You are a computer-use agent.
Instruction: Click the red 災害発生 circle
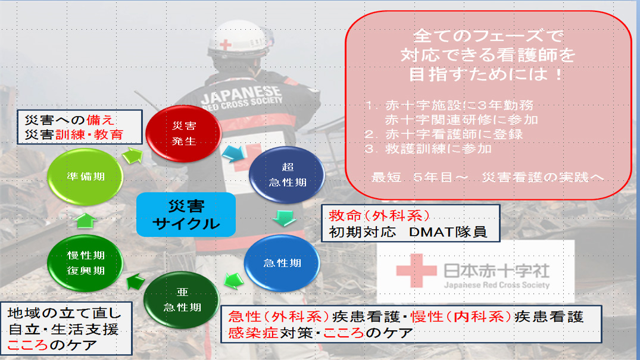click(184, 133)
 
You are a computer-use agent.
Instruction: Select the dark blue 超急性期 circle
click(287, 175)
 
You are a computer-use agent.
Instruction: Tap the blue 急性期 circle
click(282, 263)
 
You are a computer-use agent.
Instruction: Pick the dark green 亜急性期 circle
click(182, 299)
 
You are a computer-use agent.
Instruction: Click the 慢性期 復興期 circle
click(85, 263)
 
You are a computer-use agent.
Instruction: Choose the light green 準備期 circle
click(85, 176)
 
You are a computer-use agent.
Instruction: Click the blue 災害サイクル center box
click(186, 215)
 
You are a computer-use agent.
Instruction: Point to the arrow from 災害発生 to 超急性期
click(234, 154)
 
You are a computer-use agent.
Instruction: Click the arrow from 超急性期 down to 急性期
click(284, 218)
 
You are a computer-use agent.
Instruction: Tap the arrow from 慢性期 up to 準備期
click(86, 221)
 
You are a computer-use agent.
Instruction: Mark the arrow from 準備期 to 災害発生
click(133, 155)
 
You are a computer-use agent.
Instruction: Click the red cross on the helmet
click(225, 45)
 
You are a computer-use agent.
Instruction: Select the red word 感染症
click(254, 333)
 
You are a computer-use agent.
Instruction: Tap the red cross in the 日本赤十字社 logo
click(416, 270)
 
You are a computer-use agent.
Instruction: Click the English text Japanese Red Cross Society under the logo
click(497, 285)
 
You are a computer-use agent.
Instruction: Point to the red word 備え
click(101, 120)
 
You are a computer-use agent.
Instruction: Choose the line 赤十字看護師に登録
click(454, 134)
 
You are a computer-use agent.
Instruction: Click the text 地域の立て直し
click(64, 313)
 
